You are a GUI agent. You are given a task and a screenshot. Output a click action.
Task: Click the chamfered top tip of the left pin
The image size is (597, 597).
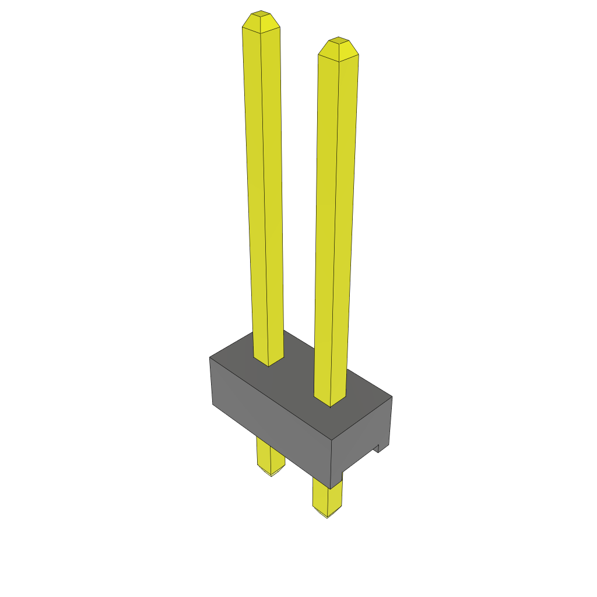261,21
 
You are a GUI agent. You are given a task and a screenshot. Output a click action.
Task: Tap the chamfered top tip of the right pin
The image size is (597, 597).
339,48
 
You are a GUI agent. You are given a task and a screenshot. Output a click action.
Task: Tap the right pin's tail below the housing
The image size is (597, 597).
326,497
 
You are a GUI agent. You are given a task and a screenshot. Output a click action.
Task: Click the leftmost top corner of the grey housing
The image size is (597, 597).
210,357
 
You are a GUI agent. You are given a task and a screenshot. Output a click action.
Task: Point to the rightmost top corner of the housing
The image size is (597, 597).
392,397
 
